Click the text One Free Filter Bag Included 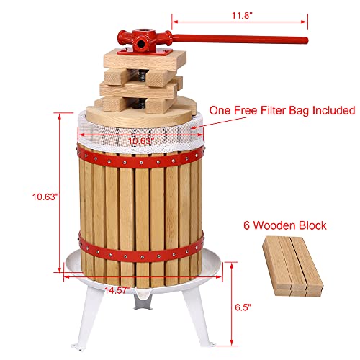pyautogui.click(x=282, y=111)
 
